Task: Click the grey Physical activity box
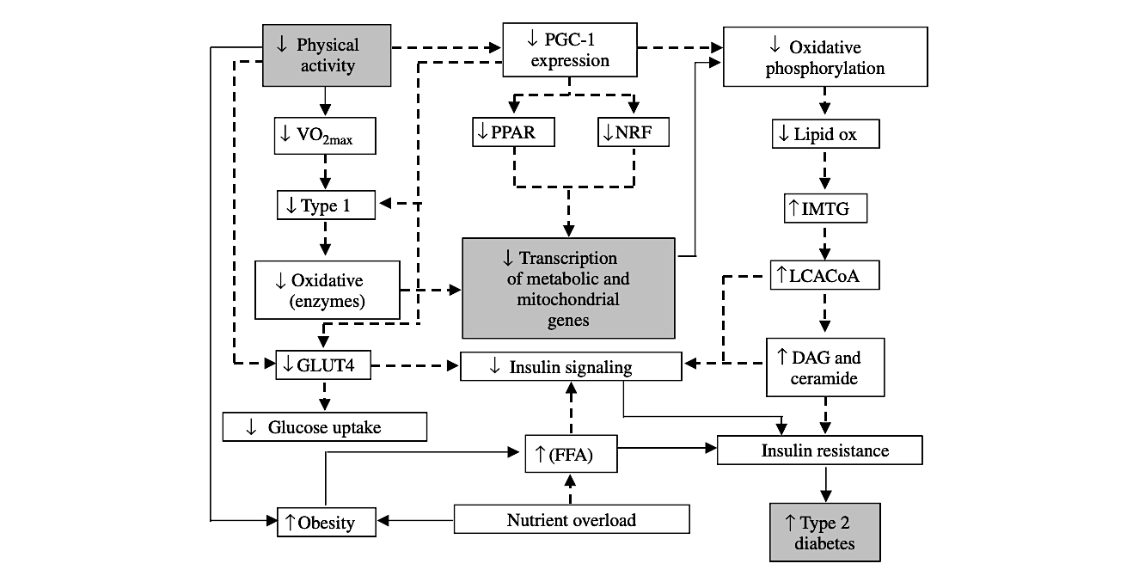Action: coord(326,55)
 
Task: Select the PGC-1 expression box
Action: coord(569,49)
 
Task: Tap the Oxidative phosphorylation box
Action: coord(825,57)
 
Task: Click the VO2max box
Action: coord(325,136)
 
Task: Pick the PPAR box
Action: coord(514,133)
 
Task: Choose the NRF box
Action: coord(633,133)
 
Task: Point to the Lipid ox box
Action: coord(825,134)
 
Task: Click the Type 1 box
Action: coord(326,205)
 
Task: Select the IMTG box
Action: coord(825,209)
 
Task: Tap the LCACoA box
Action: coord(825,276)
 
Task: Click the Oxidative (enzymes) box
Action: coord(328,291)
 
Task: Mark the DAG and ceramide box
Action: coord(825,367)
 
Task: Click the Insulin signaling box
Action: coord(572,367)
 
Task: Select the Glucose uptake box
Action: coord(324,427)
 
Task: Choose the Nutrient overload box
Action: coord(572,519)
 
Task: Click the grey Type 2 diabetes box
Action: coord(825,532)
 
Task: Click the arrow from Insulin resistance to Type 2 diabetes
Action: coord(825,483)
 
